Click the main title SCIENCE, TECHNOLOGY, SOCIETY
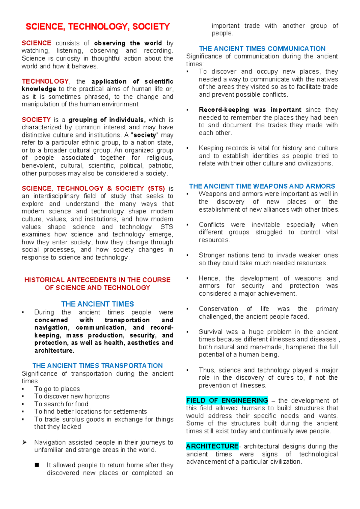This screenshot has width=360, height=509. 97,27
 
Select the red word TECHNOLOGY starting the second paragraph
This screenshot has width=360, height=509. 45,81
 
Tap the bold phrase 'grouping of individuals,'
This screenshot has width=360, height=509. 107,120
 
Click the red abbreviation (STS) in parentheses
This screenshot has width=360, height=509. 156,188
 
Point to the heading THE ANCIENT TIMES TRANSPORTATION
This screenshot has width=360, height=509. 97,366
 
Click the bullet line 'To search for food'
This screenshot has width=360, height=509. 61,404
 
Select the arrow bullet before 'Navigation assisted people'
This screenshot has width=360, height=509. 25,442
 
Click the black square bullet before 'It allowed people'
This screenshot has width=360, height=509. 37,465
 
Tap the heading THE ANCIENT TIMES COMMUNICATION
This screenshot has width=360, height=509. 262,49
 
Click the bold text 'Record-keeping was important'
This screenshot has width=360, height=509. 250,110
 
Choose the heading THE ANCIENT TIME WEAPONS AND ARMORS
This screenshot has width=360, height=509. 262,186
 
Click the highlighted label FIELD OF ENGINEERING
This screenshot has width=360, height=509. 227,400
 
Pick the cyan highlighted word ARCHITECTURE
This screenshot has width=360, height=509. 212,446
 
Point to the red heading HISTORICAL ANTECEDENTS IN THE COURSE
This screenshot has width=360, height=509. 97,280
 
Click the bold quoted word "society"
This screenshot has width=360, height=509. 145,135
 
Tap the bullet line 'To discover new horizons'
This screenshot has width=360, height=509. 72,396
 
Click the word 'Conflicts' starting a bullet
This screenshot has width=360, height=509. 211,225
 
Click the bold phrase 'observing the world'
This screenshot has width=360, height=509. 128,43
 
